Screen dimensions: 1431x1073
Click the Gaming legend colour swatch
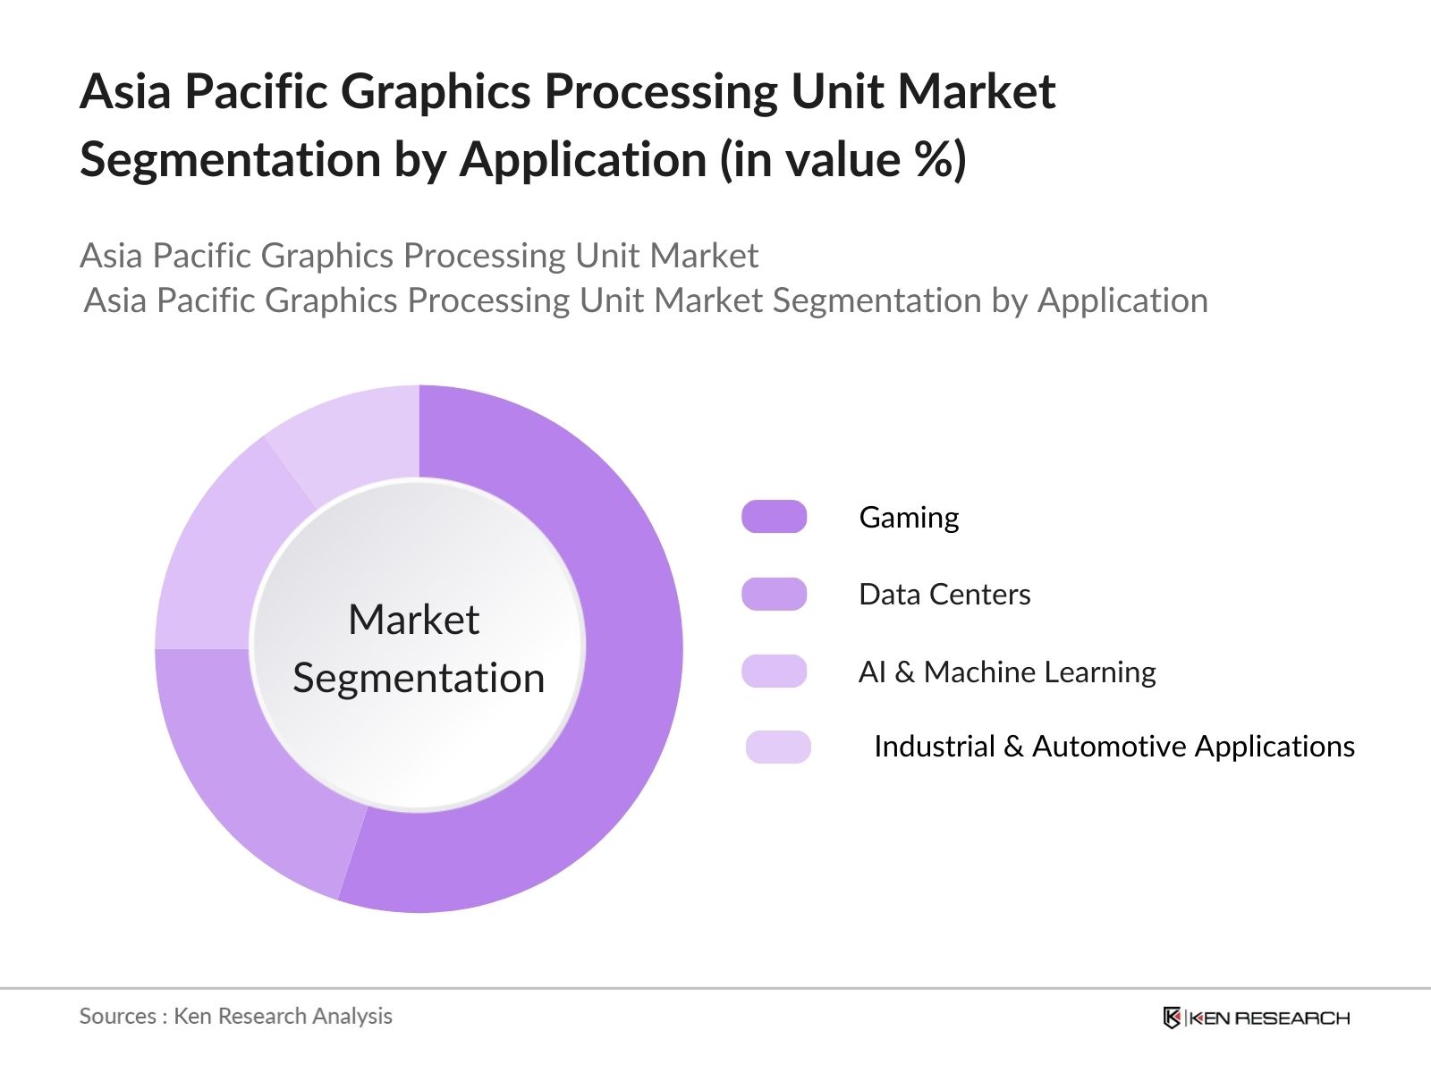coord(774,517)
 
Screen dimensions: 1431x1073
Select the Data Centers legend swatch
coord(774,594)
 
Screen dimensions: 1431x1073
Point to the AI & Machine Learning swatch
coord(774,671)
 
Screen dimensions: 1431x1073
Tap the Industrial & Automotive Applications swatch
coord(778,747)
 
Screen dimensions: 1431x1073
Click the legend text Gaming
coord(909,519)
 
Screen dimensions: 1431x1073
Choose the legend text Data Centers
coord(944,594)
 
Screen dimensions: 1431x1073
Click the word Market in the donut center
coord(414,619)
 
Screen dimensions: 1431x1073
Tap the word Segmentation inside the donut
coord(419,679)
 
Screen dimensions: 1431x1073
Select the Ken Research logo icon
coord(1172,1018)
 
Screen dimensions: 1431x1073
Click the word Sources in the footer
coord(118,1017)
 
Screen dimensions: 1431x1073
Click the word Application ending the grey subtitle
coord(1122,301)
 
